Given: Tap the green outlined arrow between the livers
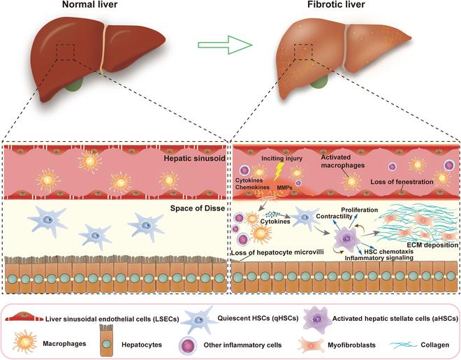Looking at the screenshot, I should [x=217, y=47].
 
